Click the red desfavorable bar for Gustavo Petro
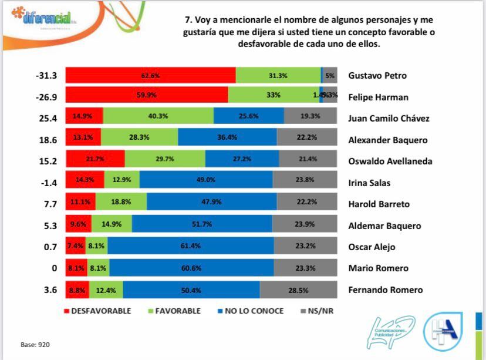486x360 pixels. pyautogui.click(x=150, y=75)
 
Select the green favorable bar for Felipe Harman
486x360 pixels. pyautogui.click(x=274, y=96)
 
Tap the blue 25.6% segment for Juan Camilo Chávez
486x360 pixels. pyautogui.click(x=248, y=118)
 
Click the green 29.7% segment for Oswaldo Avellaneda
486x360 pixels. pyautogui.click(x=165, y=161)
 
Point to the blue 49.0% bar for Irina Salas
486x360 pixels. pyautogui.click(x=208, y=183)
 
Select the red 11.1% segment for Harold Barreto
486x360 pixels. pyautogui.click(x=80, y=204)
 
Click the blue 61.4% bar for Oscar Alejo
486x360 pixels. pyautogui.click(x=191, y=247)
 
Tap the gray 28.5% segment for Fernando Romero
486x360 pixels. pyautogui.click(x=299, y=290)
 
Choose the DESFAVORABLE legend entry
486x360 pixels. pyautogui.click(x=97, y=311)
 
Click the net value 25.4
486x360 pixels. pyautogui.click(x=46, y=118)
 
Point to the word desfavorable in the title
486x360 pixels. pyautogui.click(x=269, y=44)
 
